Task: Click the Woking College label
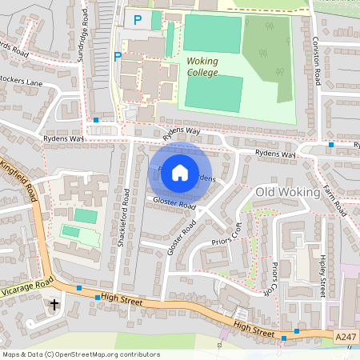(202, 66)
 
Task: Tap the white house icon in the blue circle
(180, 172)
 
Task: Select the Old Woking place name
(287, 193)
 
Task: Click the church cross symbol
(54, 305)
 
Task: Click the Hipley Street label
(322, 276)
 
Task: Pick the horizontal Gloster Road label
(174, 206)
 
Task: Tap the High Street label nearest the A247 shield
(254, 326)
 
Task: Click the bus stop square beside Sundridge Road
(96, 120)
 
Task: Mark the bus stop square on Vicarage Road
(79, 287)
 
